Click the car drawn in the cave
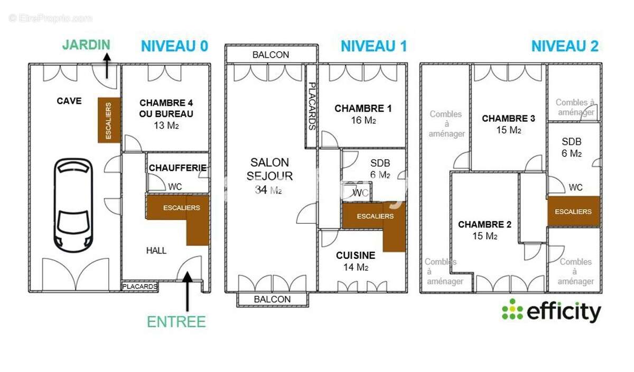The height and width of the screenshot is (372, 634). [74, 203]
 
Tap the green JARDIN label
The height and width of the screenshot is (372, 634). [86, 44]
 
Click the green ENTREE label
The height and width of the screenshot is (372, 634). [176, 321]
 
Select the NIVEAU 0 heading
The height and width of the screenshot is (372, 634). [174, 46]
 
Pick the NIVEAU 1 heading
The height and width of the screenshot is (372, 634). [374, 46]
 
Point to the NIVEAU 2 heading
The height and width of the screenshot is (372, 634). [564, 46]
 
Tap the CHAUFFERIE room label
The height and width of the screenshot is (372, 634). [178, 168]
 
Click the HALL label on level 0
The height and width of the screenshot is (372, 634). [156, 250]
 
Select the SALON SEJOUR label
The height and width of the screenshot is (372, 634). [269, 169]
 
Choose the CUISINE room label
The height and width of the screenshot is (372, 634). [356, 255]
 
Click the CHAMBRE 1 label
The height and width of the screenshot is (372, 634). [363, 108]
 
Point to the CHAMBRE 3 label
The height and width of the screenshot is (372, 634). [508, 119]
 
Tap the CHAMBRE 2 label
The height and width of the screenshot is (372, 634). [484, 224]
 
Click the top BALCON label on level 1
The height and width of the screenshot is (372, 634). [271, 55]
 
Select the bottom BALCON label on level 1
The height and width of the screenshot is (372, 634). [272, 299]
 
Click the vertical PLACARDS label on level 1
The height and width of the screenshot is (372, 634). [312, 106]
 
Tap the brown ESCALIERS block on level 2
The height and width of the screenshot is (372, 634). [573, 212]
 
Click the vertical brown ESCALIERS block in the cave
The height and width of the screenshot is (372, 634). [109, 120]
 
